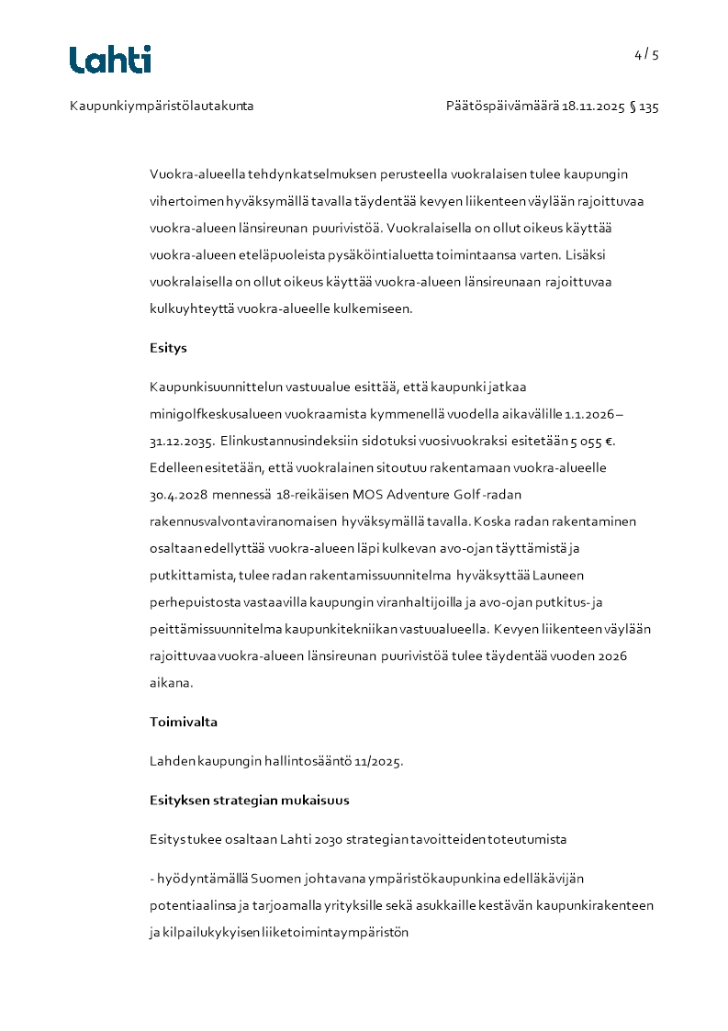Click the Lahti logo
(x=110, y=60)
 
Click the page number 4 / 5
(x=646, y=54)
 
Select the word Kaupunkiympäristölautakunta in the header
(x=162, y=106)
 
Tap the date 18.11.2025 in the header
(x=593, y=106)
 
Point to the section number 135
(x=649, y=106)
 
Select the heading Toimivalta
(x=184, y=722)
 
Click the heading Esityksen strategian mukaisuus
(x=249, y=800)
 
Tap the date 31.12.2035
(x=181, y=441)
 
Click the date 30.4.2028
(x=178, y=495)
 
